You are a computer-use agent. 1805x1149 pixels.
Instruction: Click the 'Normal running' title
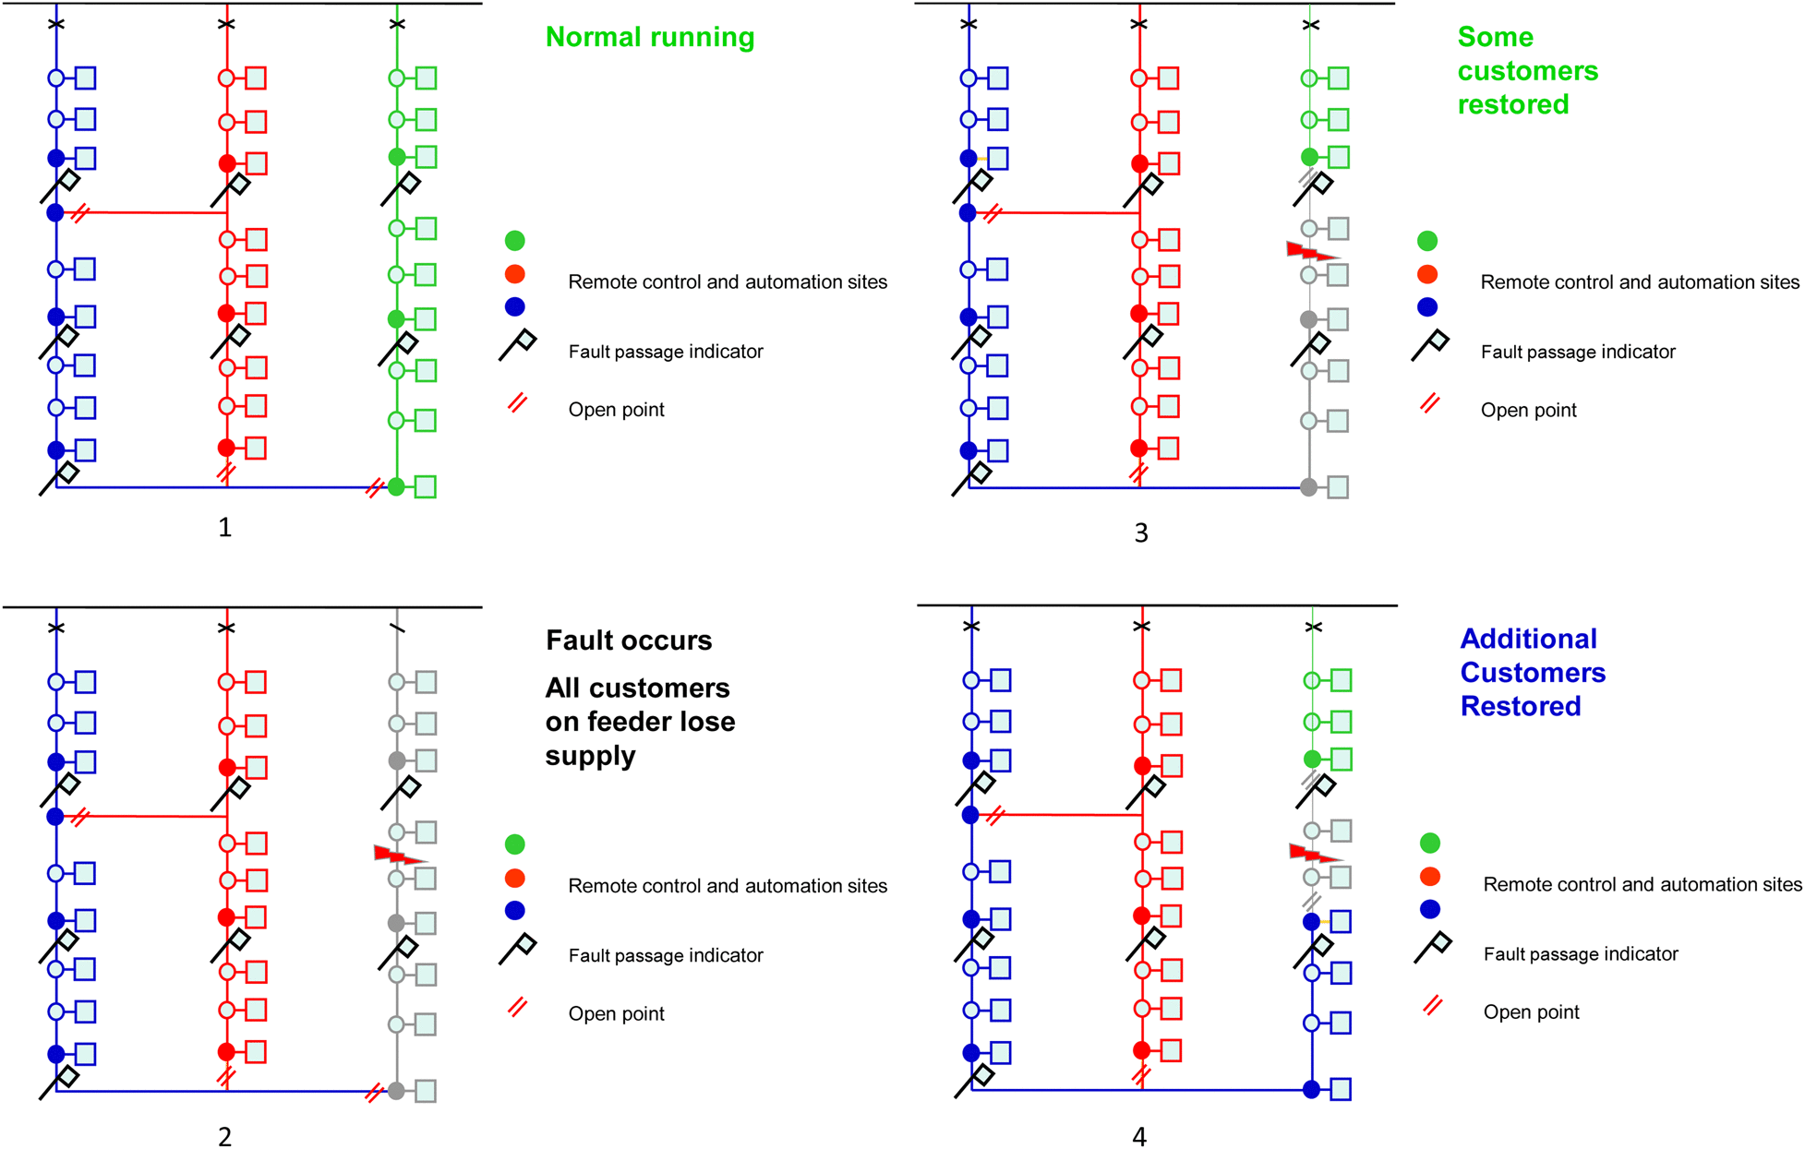click(650, 37)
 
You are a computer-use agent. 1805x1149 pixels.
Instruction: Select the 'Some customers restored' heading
click(1528, 71)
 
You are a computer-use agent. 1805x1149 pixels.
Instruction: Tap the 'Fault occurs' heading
click(629, 640)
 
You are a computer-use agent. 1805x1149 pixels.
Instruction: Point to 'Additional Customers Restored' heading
click(1533, 673)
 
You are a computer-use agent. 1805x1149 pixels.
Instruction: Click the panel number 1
click(224, 527)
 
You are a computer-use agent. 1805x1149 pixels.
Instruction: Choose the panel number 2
click(224, 1137)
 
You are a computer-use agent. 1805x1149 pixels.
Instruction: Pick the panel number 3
click(1141, 533)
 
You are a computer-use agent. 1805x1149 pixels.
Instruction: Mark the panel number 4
click(1139, 1137)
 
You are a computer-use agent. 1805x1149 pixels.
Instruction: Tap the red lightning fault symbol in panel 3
click(1313, 251)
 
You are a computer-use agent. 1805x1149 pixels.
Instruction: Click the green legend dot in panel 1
click(515, 241)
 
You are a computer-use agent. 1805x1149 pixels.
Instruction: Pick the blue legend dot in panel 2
click(515, 911)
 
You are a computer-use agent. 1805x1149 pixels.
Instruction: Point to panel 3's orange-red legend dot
click(1427, 274)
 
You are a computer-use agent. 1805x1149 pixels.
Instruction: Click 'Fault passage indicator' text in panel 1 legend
click(666, 352)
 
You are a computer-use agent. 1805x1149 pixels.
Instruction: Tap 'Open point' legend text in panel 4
click(1532, 1012)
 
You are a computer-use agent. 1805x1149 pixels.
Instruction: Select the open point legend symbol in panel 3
click(1430, 403)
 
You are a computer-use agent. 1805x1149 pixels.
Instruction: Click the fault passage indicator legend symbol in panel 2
click(518, 950)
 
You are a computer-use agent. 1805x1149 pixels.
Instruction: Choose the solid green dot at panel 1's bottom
click(397, 486)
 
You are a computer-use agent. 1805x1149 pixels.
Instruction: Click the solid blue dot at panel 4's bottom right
click(1311, 1090)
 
